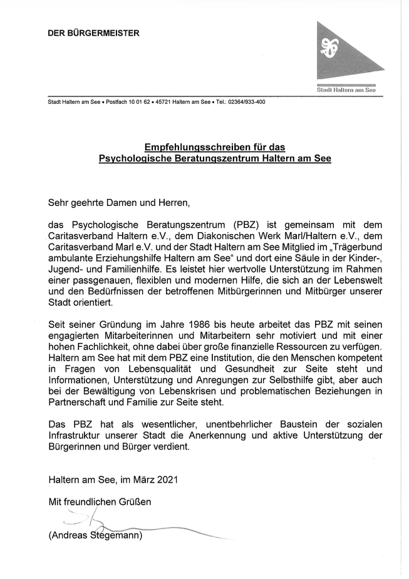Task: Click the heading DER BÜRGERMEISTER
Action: click(x=94, y=33)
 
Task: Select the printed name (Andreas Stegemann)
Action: click(x=95, y=536)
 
